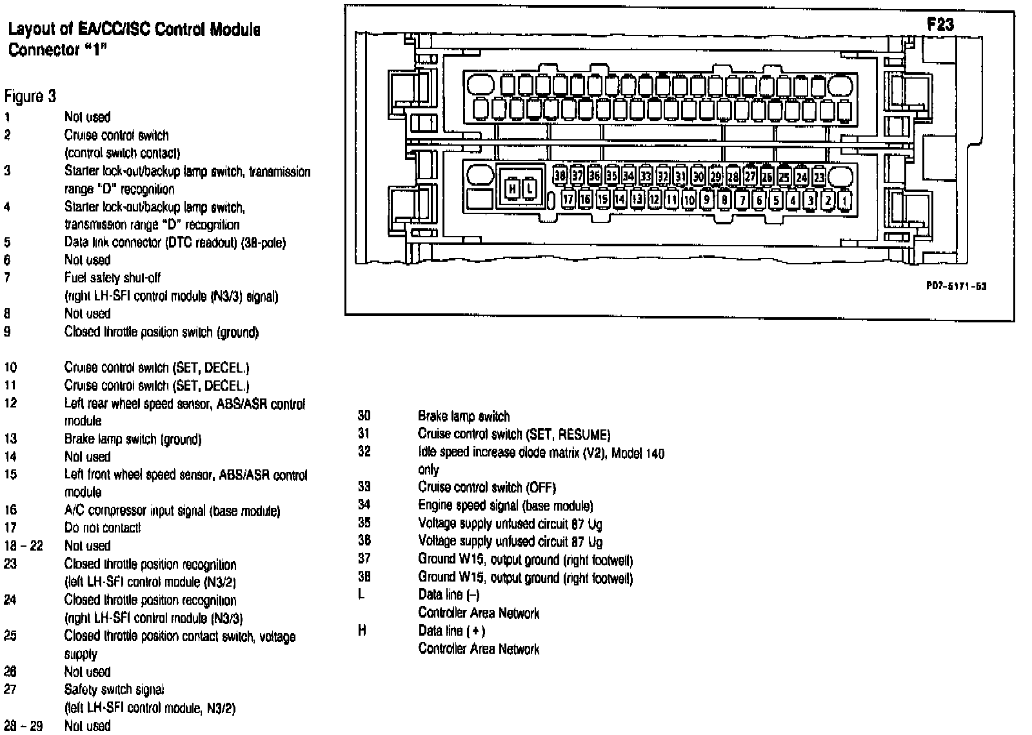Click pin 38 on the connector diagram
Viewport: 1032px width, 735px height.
click(560, 175)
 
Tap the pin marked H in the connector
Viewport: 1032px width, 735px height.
click(512, 188)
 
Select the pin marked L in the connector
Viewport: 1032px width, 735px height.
click(530, 188)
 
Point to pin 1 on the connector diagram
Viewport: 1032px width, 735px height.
click(845, 200)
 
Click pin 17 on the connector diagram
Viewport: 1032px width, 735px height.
click(568, 200)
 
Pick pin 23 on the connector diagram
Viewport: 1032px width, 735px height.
click(819, 176)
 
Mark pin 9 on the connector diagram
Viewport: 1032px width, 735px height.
click(707, 200)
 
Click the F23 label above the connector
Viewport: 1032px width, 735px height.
click(940, 24)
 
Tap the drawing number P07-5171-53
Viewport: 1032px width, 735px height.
click(956, 286)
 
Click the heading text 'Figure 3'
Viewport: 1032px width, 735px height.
click(30, 97)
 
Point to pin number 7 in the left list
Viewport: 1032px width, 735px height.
click(7, 278)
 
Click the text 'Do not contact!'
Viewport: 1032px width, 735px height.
click(103, 528)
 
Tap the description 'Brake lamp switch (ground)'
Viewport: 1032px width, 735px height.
click(133, 439)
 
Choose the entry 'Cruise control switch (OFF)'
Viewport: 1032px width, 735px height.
click(487, 487)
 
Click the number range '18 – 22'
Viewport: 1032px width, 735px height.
click(23, 545)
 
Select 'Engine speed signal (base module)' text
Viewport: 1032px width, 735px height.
click(506, 505)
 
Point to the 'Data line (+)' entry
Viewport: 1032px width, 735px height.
click(451, 631)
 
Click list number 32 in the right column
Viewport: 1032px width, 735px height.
click(364, 451)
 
